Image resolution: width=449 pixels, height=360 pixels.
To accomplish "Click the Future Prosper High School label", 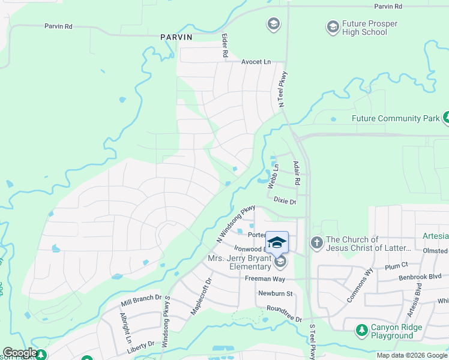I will click(364, 28).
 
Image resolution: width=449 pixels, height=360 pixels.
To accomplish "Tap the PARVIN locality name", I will click(176, 37).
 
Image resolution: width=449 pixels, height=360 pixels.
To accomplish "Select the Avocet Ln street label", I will click(256, 62).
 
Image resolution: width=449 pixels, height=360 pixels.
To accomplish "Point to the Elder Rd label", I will click(225, 46).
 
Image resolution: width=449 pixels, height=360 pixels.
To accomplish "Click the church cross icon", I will click(316, 243).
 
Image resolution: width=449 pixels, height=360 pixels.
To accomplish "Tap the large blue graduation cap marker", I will click(277, 243).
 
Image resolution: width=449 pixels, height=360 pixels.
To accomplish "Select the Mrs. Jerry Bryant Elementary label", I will click(239, 263).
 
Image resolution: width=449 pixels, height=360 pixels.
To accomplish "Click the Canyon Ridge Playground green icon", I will click(361, 329).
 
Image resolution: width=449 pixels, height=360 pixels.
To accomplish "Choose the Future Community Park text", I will click(396, 119).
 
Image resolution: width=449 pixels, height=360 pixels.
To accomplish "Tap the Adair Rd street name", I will click(296, 172).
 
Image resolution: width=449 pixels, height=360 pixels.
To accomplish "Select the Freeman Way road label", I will click(265, 279).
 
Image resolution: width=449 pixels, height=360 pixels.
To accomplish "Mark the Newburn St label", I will click(275, 293).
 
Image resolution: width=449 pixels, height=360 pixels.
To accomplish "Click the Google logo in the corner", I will click(19, 353).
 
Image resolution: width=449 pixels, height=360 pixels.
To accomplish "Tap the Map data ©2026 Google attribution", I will click(412, 355).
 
